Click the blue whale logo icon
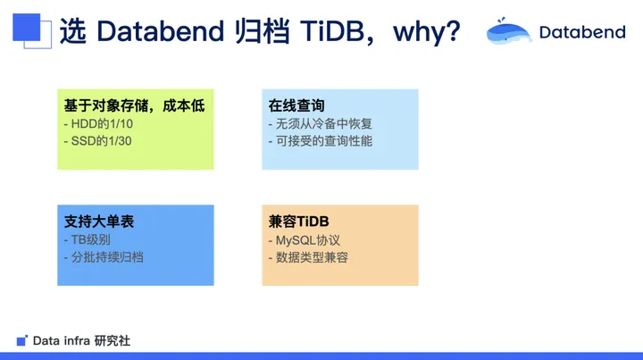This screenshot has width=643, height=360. coord(508,31)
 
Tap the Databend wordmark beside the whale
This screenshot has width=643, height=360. coord(582,32)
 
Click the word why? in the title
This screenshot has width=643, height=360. coord(427,31)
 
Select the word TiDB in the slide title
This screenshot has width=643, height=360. coord(331,30)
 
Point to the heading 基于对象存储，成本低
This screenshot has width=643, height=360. coord(134,105)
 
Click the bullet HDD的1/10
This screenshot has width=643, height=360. coord(98,124)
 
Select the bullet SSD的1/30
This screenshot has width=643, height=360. coord(97,141)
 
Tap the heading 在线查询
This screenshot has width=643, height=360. coord(296,105)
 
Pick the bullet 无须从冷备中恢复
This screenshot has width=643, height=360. coord(321,124)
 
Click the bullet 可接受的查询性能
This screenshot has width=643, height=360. coord(321,141)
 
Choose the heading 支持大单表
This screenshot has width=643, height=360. coord(99,222)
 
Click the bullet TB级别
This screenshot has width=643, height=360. coord(88,240)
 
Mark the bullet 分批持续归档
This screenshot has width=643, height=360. coord(104,257)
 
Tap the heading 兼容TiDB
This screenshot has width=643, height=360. coord(298,222)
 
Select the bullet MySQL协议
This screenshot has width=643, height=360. coord(305,240)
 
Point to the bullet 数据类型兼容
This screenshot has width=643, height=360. coord(308,257)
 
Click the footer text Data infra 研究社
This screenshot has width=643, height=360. coord(81,340)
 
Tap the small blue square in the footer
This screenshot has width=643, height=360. coord(21,340)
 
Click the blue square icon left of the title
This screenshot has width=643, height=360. coord(31,30)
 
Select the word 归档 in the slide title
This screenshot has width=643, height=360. coord(263,31)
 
